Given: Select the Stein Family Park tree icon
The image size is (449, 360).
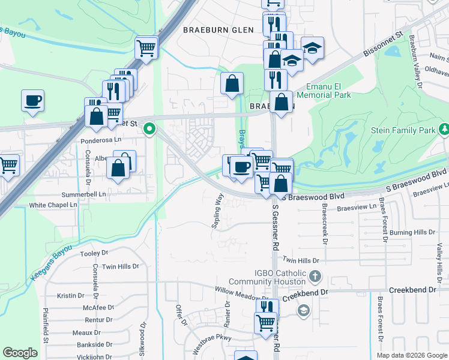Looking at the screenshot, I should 445,129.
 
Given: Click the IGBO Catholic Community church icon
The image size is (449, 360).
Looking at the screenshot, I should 316,277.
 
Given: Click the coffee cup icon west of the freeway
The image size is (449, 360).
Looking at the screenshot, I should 32,100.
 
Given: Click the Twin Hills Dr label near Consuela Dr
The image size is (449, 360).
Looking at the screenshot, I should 119,266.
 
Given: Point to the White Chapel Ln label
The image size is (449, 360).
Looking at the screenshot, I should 53,205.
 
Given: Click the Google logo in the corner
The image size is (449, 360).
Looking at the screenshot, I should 20,353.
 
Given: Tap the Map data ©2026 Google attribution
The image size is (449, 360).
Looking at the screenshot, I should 411,355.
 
